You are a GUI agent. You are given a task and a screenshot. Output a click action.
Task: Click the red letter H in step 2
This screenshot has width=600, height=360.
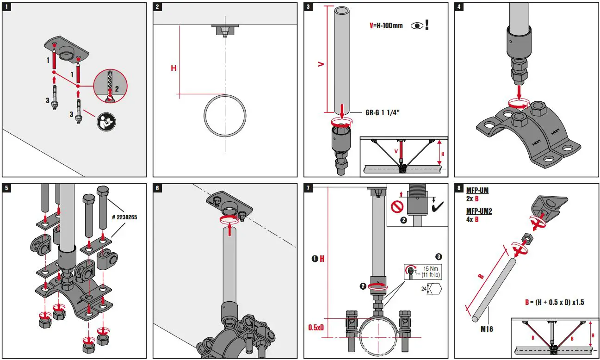pos(173,68)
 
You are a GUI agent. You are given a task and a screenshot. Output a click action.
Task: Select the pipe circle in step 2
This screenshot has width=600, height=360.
pos(225,115)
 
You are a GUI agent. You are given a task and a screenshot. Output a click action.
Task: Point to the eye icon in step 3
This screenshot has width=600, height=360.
pos(416,25)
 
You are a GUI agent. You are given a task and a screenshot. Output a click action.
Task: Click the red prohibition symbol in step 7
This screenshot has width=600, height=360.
pos(397,206)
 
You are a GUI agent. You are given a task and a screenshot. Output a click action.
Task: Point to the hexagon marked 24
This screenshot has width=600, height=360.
pos(434,288)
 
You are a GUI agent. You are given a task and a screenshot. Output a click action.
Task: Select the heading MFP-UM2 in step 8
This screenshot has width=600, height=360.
pos(479,211)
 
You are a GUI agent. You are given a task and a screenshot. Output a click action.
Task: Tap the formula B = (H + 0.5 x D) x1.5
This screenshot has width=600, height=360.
pos(554,302)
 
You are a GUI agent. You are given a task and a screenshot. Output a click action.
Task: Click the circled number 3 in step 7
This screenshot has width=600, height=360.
pos(439,256)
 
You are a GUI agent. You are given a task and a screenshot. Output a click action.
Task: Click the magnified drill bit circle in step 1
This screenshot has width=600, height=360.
pos(110,87)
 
